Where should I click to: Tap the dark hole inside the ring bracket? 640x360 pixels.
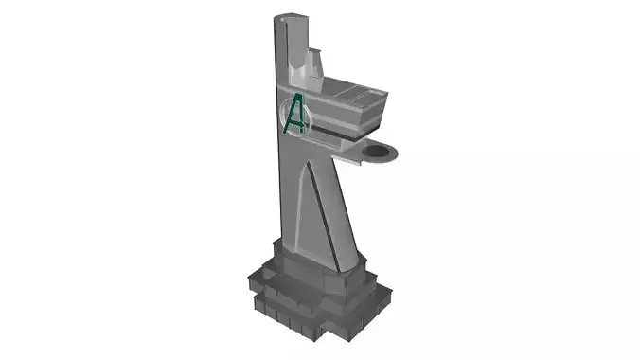[x=381, y=151]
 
